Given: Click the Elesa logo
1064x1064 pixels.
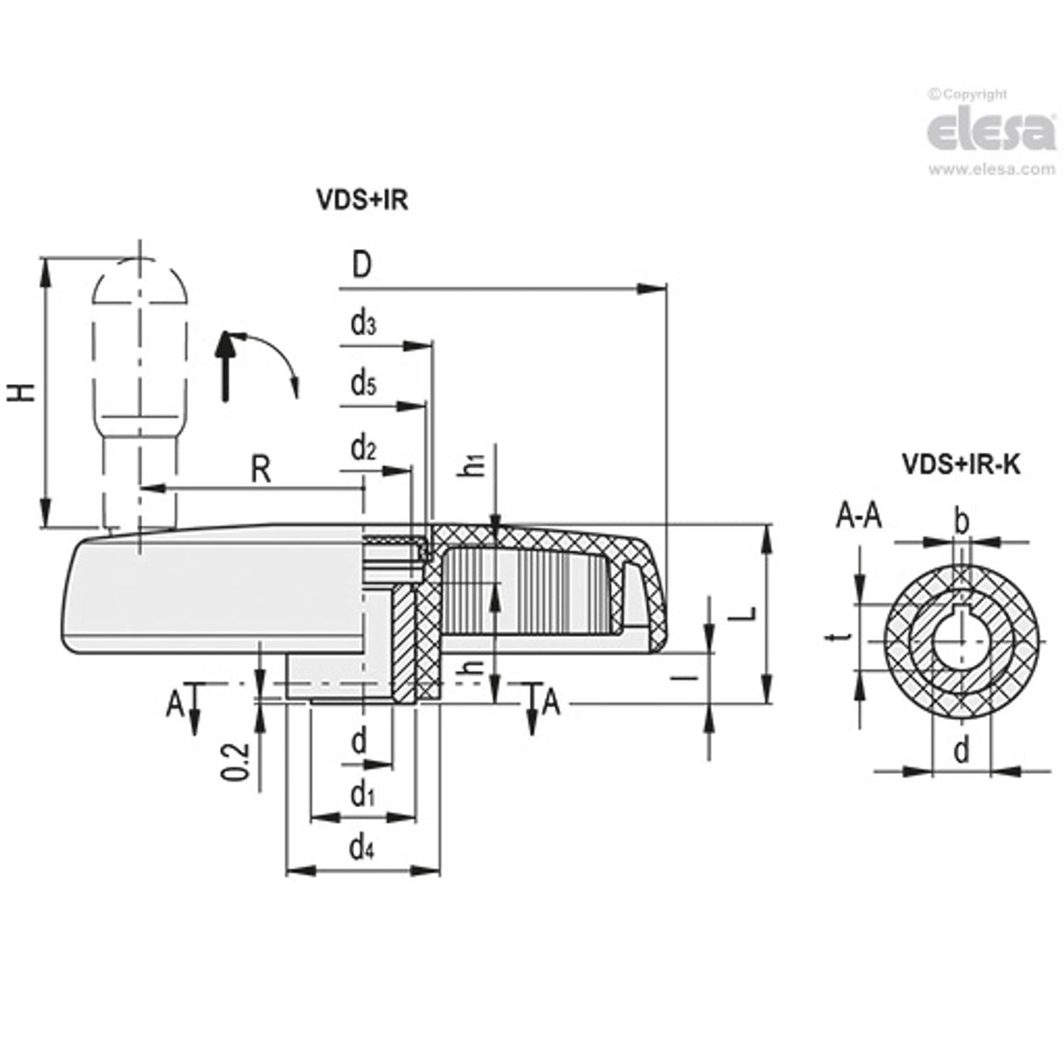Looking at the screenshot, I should (x=990, y=132).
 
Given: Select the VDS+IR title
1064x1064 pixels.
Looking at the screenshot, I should (x=362, y=201).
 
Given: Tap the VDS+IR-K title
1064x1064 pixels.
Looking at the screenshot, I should (x=961, y=465).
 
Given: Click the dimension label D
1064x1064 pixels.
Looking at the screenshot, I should (x=360, y=265).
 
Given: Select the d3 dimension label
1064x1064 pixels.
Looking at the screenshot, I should (x=363, y=324).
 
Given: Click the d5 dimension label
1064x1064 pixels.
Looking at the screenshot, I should (x=363, y=384).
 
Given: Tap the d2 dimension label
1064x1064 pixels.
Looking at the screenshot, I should (x=363, y=449).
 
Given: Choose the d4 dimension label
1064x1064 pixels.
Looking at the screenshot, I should (x=362, y=848).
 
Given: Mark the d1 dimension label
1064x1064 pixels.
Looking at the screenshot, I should (x=362, y=795).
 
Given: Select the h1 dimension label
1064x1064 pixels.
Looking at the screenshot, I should (x=474, y=465).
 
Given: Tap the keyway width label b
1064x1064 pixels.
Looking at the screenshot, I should (x=961, y=523).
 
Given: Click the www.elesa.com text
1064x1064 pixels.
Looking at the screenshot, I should (x=991, y=169).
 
